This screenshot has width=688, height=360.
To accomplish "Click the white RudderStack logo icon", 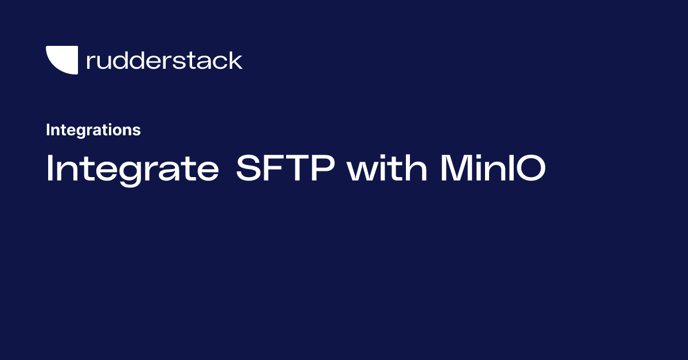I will [x=61, y=60].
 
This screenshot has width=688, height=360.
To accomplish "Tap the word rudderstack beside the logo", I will [x=164, y=60].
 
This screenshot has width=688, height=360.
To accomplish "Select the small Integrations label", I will [x=93, y=130].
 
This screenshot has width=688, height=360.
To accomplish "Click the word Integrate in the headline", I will [x=132, y=169].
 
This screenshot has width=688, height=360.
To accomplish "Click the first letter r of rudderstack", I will [x=90, y=62].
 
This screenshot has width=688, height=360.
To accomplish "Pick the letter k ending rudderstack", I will [x=236, y=60].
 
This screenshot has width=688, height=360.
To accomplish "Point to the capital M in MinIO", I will [x=456, y=169].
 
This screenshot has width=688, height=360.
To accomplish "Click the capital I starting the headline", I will [x=49, y=169].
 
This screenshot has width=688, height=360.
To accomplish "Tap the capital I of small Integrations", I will [x=48, y=130].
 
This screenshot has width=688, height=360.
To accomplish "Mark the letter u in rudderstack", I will [x=103, y=62].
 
